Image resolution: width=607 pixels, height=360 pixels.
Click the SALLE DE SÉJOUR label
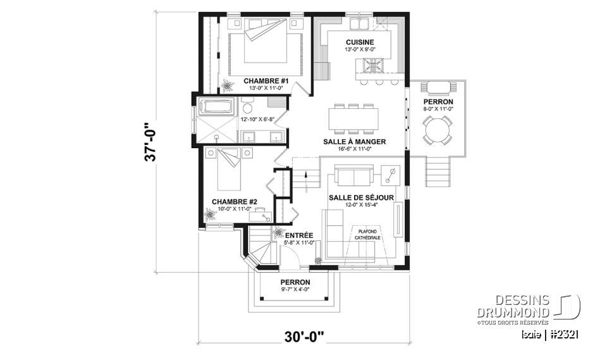pyautogui.click(x=361, y=198)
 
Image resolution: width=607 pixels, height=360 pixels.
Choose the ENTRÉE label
pyautogui.click(x=299, y=235)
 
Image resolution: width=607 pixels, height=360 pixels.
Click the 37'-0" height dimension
pyautogui.click(x=150, y=142)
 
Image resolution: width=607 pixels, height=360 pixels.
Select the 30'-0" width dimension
pyautogui.click(x=303, y=335)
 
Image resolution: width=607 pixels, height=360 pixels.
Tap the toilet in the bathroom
pyautogui.click(x=247, y=106)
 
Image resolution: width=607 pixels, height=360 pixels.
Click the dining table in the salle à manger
pyautogui.click(x=353, y=118)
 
